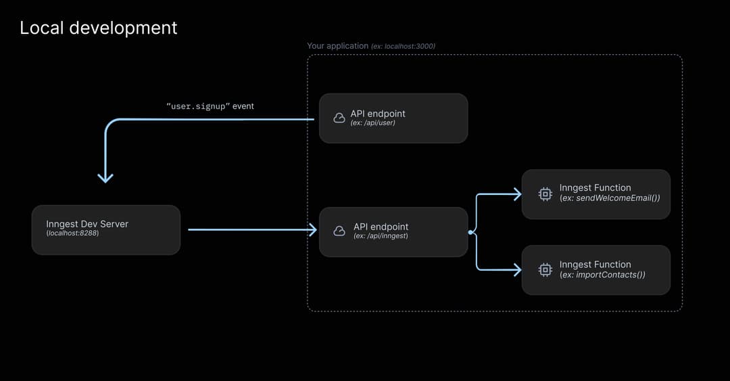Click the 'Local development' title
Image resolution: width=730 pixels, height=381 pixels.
(x=98, y=28)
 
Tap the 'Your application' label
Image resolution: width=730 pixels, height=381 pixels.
(x=337, y=46)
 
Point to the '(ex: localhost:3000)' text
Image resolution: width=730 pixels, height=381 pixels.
(x=404, y=46)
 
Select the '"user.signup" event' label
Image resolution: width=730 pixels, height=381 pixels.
(x=210, y=106)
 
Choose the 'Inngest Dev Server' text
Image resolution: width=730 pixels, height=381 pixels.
(x=87, y=224)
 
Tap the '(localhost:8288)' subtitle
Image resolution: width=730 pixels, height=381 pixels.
(x=72, y=233)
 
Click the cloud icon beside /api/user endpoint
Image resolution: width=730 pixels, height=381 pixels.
(x=339, y=118)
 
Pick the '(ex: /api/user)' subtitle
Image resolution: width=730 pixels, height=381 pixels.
(x=373, y=123)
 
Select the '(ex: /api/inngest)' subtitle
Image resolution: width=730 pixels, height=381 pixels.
(x=381, y=236)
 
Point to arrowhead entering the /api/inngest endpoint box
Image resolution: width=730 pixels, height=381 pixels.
(x=313, y=230)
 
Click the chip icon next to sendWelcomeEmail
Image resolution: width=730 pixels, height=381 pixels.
(x=545, y=194)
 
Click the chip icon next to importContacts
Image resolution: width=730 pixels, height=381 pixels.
(x=545, y=270)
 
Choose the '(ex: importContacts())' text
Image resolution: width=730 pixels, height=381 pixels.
(x=602, y=275)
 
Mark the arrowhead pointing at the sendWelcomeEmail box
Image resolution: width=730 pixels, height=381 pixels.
(x=517, y=194)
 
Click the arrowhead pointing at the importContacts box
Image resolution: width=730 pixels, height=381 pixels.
(x=517, y=270)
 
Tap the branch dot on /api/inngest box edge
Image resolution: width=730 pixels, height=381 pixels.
(x=470, y=232)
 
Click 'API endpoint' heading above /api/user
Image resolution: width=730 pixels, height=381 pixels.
(x=378, y=114)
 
